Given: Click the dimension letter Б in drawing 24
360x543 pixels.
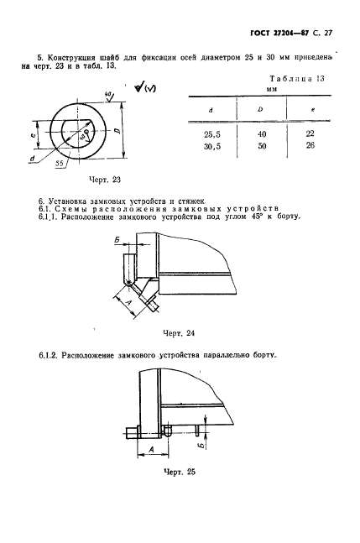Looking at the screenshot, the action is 114,240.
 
